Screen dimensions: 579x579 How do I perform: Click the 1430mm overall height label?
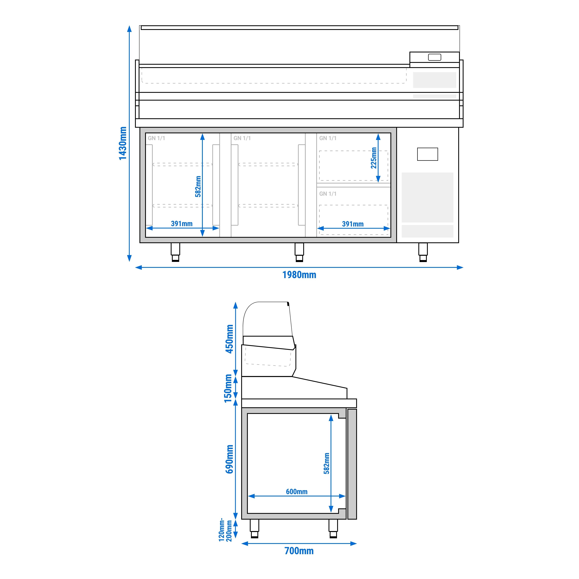123,143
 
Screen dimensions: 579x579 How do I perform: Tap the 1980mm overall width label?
299,275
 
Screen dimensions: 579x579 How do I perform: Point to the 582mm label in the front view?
198,186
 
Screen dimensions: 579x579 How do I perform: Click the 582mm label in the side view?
326,463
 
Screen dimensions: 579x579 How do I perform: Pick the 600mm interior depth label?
296,491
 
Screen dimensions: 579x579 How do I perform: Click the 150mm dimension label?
228,388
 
